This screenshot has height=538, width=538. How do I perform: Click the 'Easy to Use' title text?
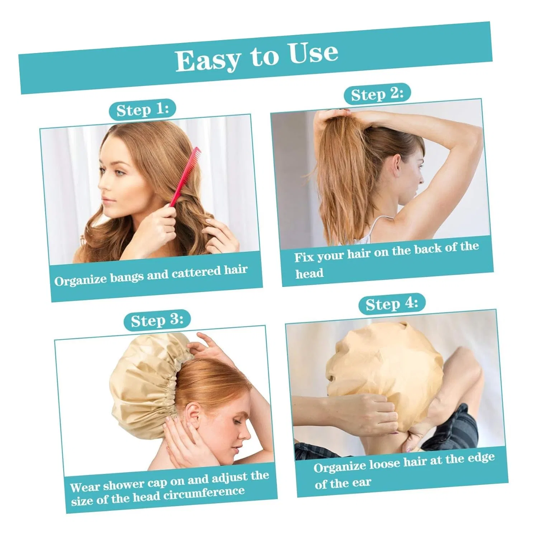tap(257, 57)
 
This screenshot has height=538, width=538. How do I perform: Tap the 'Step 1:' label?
tap(142, 109)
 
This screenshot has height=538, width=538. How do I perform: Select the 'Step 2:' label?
tap(377, 94)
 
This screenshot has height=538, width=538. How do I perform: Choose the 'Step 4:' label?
tap(392, 304)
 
